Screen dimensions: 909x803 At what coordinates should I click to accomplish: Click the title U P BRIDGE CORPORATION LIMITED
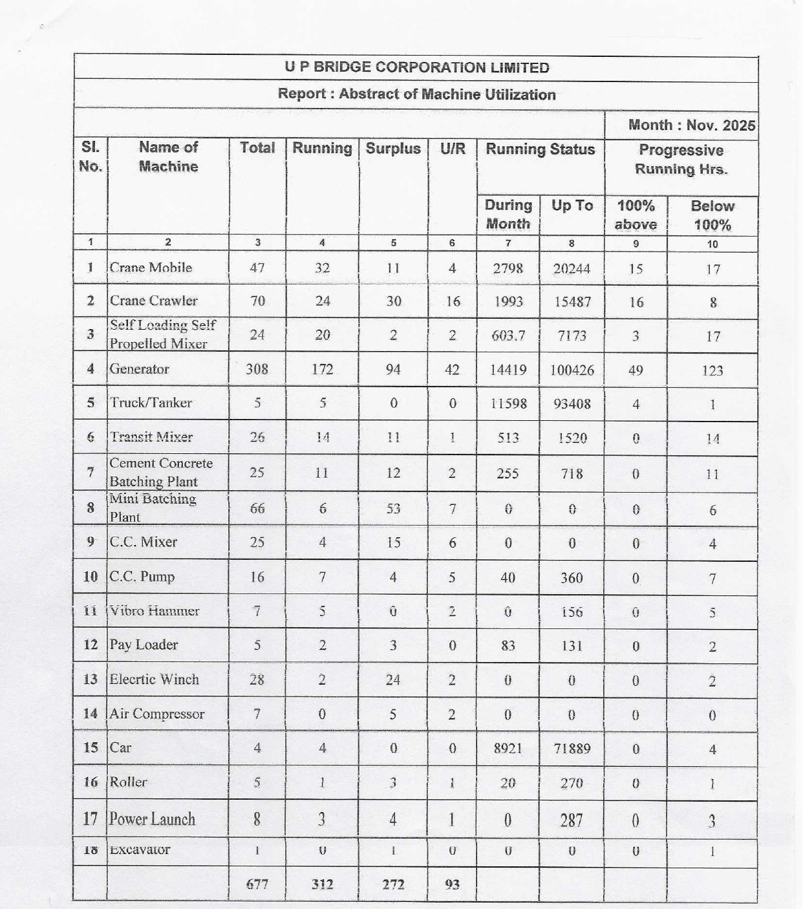(x=416, y=68)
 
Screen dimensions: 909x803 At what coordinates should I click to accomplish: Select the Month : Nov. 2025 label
(x=691, y=125)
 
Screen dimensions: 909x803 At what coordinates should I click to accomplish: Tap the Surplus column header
(x=393, y=149)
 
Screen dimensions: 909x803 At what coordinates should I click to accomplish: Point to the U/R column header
(x=453, y=149)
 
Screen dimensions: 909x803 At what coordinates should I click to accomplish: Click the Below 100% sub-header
(x=712, y=215)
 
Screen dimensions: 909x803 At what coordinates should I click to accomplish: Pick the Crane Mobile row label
(x=151, y=268)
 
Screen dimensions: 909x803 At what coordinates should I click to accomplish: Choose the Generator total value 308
(x=257, y=369)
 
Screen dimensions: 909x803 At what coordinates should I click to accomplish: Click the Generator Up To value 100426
(x=572, y=370)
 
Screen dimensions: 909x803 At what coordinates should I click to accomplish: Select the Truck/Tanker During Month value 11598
(x=508, y=403)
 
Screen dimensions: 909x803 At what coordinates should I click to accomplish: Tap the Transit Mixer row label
(x=151, y=437)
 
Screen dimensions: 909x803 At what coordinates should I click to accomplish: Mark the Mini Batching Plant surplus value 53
(x=393, y=509)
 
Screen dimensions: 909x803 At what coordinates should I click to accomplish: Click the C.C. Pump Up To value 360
(x=572, y=577)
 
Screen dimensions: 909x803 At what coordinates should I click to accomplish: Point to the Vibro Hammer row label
(x=154, y=611)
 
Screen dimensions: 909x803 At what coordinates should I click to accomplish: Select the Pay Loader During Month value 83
(x=508, y=645)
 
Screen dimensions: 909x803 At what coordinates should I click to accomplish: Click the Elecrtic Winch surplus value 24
(x=393, y=679)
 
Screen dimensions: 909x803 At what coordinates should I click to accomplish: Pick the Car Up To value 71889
(x=572, y=749)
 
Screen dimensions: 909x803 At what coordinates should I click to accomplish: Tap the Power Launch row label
(x=152, y=819)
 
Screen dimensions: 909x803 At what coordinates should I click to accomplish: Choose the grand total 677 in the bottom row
(x=257, y=884)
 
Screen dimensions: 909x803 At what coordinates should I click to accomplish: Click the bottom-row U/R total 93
(x=452, y=884)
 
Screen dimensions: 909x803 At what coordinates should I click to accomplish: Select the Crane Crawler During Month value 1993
(x=508, y=301)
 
